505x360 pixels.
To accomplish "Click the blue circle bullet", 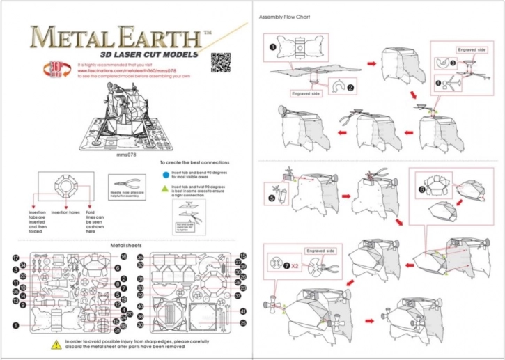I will click(x=164, y=177).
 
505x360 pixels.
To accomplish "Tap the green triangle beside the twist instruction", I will click(x=164, y=189).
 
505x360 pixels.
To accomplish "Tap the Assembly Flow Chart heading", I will click(x=284, y=16).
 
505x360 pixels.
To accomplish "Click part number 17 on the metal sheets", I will click(x=15, y=257).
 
